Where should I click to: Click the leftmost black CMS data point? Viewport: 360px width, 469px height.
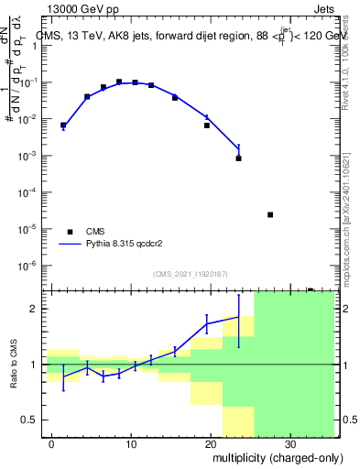[63, 125]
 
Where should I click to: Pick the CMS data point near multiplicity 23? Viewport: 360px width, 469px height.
[238, 158]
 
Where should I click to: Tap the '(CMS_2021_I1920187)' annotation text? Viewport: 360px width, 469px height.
[189, 273]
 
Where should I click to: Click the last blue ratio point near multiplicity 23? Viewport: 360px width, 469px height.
[238, 318]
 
